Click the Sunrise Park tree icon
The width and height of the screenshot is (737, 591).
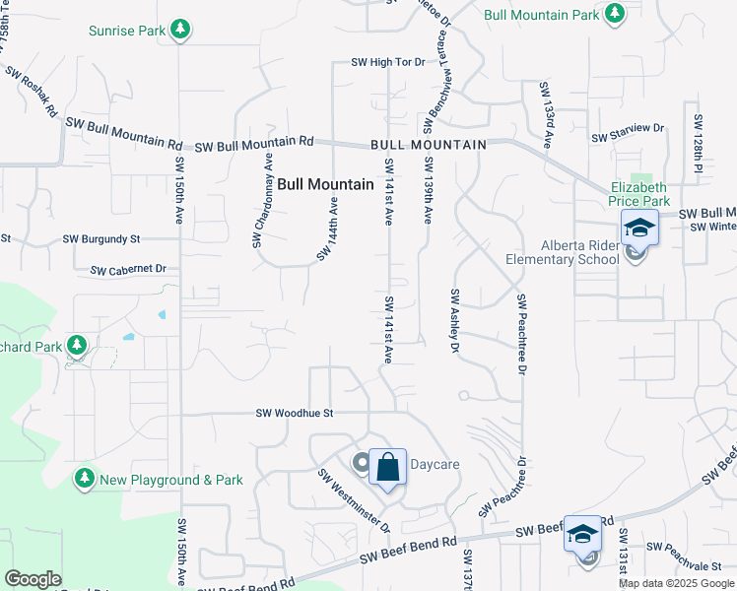pyautogui.click(x=179, y=31)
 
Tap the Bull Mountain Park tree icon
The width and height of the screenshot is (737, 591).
pyautogui.click(x=615, y=15)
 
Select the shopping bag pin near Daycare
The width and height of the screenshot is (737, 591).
pyautogui.click(x=387, y=467)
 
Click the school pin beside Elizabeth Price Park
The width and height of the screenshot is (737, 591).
pyautogui.click(x=639, y=228)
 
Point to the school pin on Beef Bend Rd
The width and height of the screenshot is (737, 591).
pyautogui.click(x=582, y=534)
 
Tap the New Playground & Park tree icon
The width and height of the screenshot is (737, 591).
pyautogui.click(x=85, y=480)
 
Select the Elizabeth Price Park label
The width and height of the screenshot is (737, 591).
pyautogui.click(x=638, y=193)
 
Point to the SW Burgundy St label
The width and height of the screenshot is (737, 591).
pyautogui.click(x=101, y=238)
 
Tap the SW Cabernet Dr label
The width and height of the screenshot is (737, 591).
pyautogui.click(x=128, y=269)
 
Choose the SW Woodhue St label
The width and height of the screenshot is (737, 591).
pyautogui.click(x=296, y=414)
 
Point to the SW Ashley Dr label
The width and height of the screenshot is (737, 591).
pyautogui.click(x=455, y=321)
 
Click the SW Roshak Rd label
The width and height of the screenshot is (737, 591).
pyautogui.click(x=32, y=92)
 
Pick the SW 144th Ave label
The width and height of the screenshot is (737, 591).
pyautogui.click(x=328, y=229)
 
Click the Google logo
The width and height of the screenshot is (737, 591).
pyautogui.click(x=33, y=579)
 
